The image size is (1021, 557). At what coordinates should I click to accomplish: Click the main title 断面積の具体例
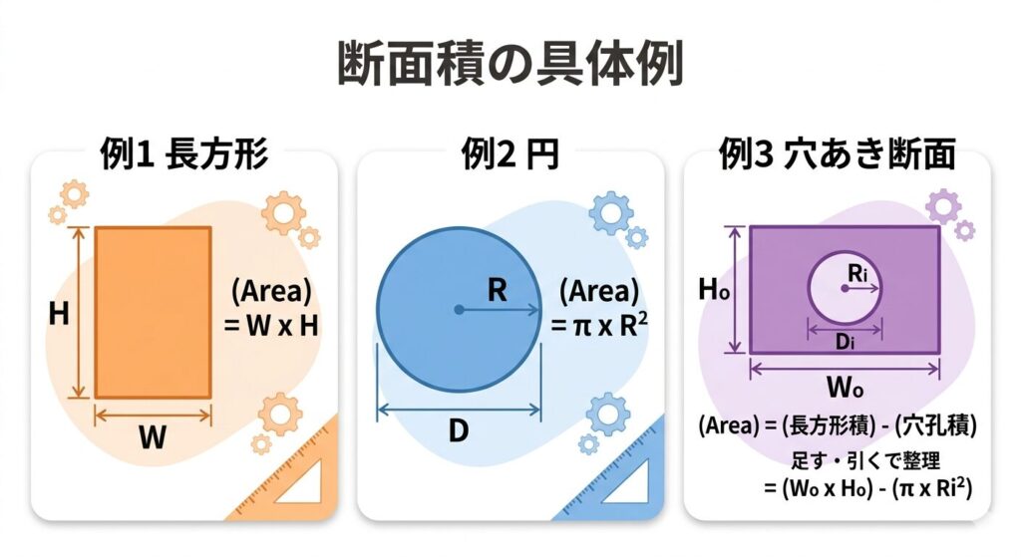tap(510, 64)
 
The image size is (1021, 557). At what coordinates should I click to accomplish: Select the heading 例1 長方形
tap(184, 154)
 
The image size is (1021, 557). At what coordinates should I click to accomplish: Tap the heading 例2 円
tap(510, 154)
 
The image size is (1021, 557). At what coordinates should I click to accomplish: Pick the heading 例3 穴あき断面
tap(837, 154)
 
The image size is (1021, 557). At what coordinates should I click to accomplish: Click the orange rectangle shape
tap(153, 312)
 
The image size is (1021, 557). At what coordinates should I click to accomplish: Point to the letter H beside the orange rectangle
tap(59, 314)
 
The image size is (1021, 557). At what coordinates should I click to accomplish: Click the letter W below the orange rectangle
tap(153, 436)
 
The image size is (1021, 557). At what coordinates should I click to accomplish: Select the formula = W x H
tap(271, 326)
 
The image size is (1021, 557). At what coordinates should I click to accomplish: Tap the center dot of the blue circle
tap(459, 310)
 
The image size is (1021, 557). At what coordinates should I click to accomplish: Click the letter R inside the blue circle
tap(497, 290)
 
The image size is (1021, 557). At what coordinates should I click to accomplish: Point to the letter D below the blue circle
tap(459, 430)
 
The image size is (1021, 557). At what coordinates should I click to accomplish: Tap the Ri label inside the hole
tap(857, 273)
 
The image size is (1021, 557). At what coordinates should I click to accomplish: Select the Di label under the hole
tap(845, 341)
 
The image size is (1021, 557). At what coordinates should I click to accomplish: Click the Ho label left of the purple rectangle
tap(714, 290)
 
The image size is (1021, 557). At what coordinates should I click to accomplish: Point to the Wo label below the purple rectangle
tap(845, 388)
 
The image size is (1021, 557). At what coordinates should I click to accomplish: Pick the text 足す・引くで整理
tap(865, 460)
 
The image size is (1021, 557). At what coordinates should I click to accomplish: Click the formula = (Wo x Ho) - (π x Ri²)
tap(868, 487)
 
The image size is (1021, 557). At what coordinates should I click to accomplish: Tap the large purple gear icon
tap(943, 206)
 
